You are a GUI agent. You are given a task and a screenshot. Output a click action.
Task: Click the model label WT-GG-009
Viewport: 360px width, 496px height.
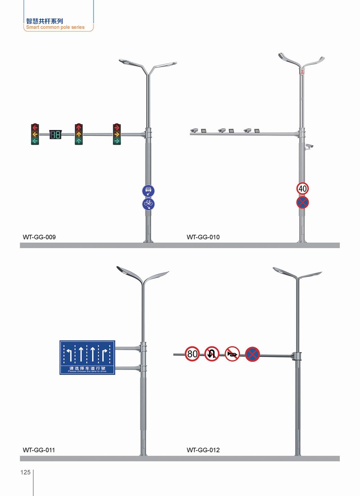[39, 237]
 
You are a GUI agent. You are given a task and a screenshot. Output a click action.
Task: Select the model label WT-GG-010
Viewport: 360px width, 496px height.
[203, 237]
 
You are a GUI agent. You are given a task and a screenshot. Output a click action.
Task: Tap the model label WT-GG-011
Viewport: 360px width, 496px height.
[39, 450]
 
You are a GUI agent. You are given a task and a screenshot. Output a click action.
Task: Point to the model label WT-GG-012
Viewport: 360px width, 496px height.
[203, 450]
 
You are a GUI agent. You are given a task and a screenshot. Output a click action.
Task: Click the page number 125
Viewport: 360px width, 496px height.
[25, 473]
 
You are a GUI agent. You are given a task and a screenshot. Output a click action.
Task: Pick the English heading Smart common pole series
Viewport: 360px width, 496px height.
[55, 27]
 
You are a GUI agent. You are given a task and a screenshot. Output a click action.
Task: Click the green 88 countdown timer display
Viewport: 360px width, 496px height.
[55, 134]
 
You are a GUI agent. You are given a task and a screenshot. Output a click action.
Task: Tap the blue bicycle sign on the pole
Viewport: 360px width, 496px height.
[148, 204]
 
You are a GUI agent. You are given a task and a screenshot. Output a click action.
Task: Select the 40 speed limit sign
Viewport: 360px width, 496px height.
[302, 189]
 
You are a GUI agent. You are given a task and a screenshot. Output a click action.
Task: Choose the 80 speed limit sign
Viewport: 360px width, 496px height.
[192, 354]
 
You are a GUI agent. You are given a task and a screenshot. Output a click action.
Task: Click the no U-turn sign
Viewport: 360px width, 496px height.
[212, 354]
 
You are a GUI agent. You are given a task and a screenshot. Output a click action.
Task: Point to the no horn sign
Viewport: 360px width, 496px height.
[232, 354]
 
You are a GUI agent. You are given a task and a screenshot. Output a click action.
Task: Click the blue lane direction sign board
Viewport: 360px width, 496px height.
[87, 357]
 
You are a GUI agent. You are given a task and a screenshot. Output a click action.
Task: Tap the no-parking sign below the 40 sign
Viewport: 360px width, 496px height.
[302, 202]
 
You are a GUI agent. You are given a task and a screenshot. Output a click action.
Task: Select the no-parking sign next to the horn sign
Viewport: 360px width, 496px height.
[252, 354]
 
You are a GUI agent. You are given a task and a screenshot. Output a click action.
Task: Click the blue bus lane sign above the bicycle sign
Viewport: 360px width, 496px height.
[148, 191]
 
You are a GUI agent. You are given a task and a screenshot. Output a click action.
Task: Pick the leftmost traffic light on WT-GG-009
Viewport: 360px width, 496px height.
[35, 134]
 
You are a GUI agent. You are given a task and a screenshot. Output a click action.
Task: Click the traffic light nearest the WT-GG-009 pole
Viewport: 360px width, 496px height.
[117, 134]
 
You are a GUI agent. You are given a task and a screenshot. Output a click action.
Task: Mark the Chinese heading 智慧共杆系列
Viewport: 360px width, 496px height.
[45, 21]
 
